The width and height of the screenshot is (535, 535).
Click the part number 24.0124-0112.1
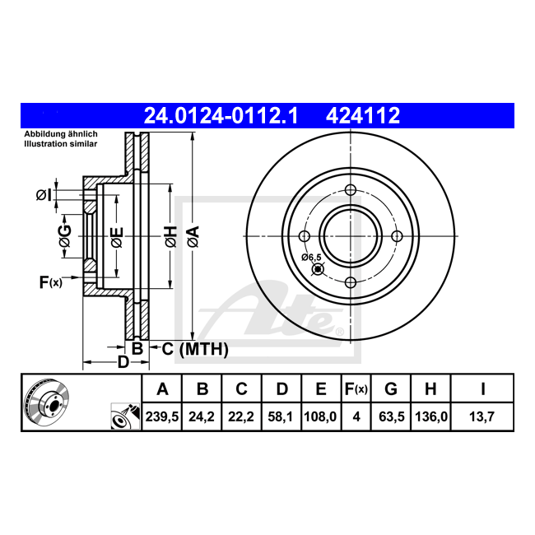pos(221,115)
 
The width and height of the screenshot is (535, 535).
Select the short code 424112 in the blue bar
pos(363,115)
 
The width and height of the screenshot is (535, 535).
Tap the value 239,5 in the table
pos(162,416)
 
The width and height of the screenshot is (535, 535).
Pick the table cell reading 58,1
pos(281,416)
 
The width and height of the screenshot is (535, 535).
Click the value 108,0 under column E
pos(321,416)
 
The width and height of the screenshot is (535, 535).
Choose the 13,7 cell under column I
pos(481,416)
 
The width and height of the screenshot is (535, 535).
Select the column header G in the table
pos(391,388)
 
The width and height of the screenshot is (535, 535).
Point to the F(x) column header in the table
pos(356,388)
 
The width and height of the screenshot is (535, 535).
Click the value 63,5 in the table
pos(391,416)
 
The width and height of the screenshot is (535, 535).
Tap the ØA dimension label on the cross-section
pos(193,236)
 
